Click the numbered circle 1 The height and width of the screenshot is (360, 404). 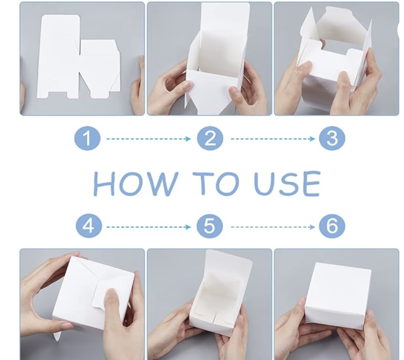87,139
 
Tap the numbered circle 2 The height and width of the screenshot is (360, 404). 210,139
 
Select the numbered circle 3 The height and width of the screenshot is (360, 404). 332,139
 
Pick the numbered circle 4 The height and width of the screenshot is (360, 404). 88,226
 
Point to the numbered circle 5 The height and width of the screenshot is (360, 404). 209,226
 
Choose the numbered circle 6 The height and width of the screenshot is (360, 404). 332,226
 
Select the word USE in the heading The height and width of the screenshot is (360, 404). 287,183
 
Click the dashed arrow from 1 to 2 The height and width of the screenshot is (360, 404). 149,139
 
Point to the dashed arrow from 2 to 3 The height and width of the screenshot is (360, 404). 273,139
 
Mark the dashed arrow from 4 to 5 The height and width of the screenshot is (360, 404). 149,227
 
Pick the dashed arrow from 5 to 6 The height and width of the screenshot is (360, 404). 273,227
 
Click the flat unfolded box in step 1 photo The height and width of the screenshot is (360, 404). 79,57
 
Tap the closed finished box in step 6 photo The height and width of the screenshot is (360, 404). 338,296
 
